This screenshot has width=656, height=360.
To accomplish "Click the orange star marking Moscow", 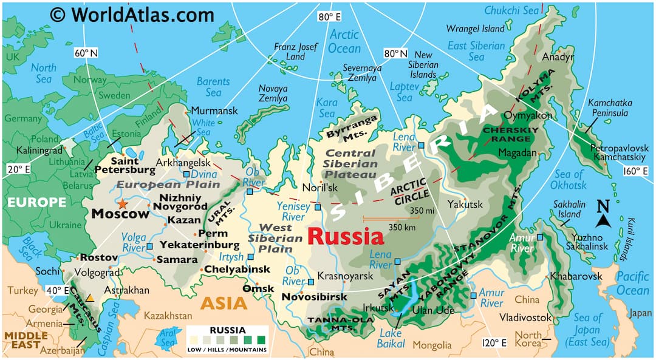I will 123,203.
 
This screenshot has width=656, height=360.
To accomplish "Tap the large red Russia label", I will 345,236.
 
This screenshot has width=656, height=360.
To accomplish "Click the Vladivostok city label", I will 525,317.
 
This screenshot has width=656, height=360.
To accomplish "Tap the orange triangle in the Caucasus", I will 89,297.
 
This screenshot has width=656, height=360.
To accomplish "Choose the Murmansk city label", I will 214,111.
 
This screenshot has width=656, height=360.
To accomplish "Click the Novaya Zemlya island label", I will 273,93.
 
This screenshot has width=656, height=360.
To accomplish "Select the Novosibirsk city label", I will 314,297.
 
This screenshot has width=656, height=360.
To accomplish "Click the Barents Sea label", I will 213,87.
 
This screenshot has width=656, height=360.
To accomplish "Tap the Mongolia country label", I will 432,345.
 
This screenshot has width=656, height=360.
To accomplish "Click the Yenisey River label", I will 293,211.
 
